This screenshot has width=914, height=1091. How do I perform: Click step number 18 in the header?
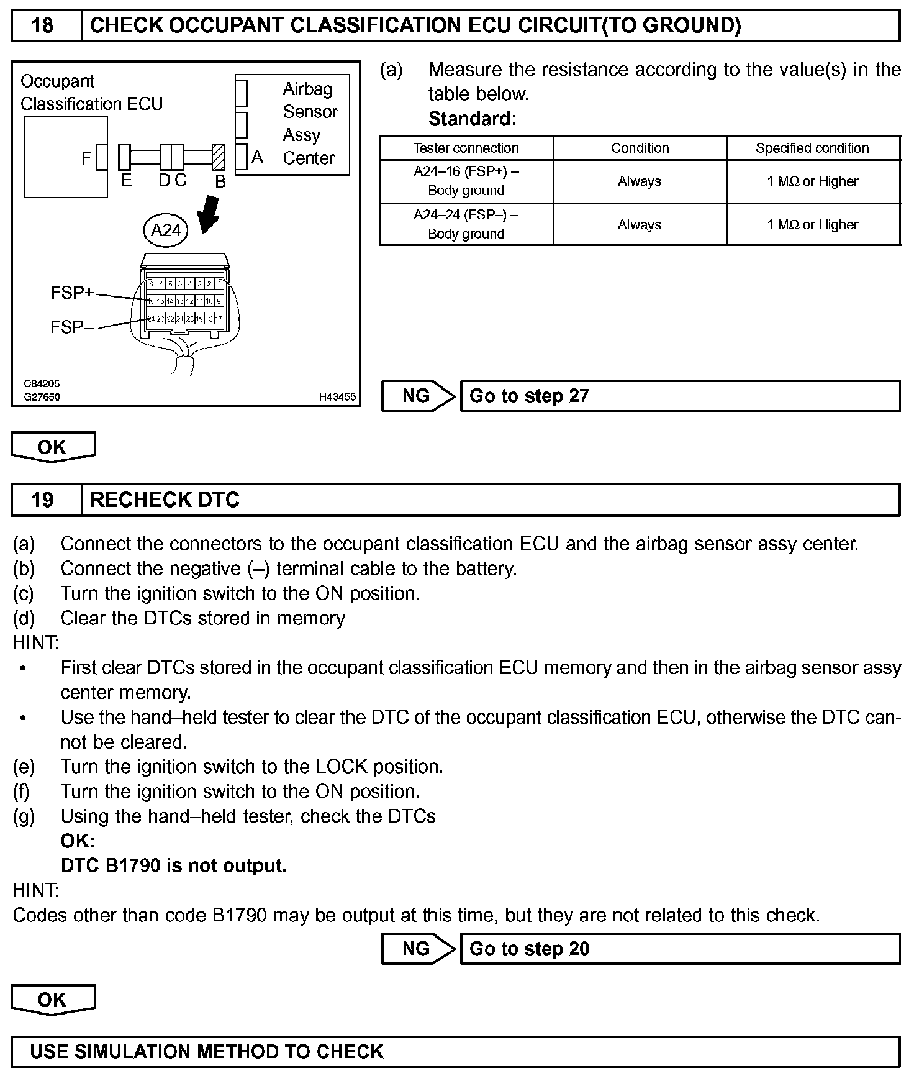point(42,25)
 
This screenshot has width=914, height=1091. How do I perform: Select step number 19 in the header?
point(42,500)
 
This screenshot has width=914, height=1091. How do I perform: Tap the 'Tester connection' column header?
point(466,148)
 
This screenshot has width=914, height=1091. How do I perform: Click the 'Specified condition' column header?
point(812,148)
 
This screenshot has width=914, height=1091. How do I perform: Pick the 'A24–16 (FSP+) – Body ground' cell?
point(466,181)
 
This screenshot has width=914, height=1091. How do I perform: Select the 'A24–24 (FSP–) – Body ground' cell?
point(466,224)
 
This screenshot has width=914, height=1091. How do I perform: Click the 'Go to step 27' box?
point(679,396)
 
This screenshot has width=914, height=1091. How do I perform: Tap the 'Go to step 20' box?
point(679,949)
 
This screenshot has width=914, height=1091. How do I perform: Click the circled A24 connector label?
point(166,231)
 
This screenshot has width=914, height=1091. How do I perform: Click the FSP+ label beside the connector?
point(72,292)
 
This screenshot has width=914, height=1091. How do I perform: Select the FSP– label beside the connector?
point(72,327)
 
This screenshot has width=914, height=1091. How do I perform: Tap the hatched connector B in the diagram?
point(217,157)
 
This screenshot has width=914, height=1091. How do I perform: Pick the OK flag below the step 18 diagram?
point(53,447)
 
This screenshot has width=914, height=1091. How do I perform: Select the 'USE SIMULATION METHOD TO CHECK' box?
point(456,1051)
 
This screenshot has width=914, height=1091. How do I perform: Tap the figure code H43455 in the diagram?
point(337,396)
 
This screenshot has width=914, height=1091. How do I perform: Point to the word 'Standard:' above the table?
point(472,119)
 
